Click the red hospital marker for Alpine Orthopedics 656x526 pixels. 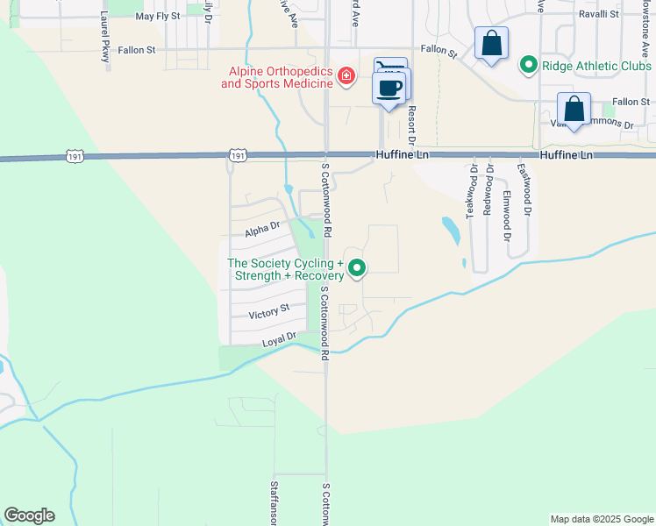coord(346,76)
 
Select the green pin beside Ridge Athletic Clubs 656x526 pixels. coord(528,64)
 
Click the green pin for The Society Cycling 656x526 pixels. coord(356,268)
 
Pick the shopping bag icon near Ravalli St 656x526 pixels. coord(491,43)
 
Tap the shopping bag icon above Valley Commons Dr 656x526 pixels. coord(574,110)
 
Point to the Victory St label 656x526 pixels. coord(268,312)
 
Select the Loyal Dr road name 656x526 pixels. coord(280,338)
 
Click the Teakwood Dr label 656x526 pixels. coord(473,190)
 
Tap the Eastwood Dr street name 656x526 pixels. coord(524,189)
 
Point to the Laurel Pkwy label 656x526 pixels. coord(105,36)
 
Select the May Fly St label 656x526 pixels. coord(158,17)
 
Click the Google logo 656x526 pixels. coord(29,515)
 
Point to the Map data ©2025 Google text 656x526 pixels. coord(601,519)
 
